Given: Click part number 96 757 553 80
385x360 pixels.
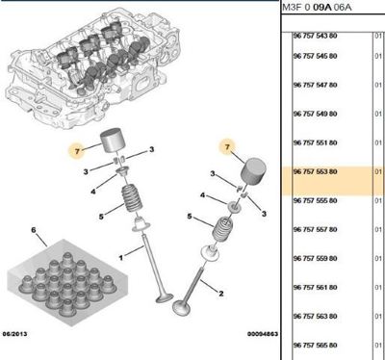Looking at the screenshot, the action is (315, 171).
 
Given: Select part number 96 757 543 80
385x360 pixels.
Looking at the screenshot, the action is (315, 36).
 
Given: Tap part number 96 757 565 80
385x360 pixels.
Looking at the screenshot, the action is (315, 346).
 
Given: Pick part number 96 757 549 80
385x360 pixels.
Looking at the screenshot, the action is (315, 114).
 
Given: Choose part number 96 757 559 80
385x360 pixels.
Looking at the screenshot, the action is (315, 258).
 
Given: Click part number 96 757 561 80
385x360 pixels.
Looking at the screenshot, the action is (315, 287).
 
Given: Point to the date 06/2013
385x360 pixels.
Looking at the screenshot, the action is (14, 334).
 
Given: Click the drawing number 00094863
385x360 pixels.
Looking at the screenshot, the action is (262, 334).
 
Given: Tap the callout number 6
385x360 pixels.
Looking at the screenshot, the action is (34, 230).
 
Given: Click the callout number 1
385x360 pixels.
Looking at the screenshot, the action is (120, 257).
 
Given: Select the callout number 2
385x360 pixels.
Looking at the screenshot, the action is (221, 294).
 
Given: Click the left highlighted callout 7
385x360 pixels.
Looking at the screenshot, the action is (77, 151).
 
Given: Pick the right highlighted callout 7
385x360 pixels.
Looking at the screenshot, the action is (227, 147).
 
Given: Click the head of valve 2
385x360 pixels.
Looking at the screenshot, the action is (181, 307).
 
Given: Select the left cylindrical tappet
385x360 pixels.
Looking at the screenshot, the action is (112, 140).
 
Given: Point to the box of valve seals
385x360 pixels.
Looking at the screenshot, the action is (67, 282).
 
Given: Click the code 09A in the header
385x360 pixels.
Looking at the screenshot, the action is (321, 7).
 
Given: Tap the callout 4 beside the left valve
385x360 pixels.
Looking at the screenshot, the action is (93, 192).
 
